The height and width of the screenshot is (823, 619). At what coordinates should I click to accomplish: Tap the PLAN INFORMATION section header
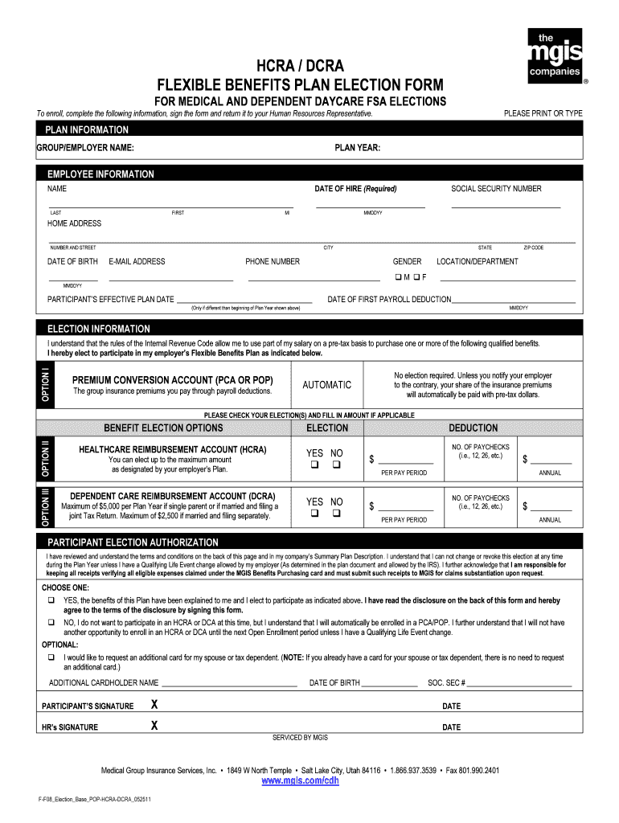(88, 130)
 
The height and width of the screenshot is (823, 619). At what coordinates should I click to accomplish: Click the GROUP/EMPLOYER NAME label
(85, 148)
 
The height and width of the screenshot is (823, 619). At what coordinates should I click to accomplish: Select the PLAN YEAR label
(358, 148)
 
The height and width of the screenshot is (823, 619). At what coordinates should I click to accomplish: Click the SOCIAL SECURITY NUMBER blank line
(505, 207)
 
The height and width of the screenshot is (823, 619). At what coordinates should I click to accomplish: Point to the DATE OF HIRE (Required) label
(355, 189)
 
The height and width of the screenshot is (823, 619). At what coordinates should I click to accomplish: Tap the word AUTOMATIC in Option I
(326, 385)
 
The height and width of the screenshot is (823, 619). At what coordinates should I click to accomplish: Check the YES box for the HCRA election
(316, 465)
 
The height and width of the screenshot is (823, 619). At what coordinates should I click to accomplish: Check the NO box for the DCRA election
(337, 513)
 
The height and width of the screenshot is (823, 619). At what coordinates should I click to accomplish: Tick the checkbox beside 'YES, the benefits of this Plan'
(51, 600)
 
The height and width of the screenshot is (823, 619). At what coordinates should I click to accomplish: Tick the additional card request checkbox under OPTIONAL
(51, 657)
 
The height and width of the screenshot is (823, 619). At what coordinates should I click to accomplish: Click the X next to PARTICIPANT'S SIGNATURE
(154, 706)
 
